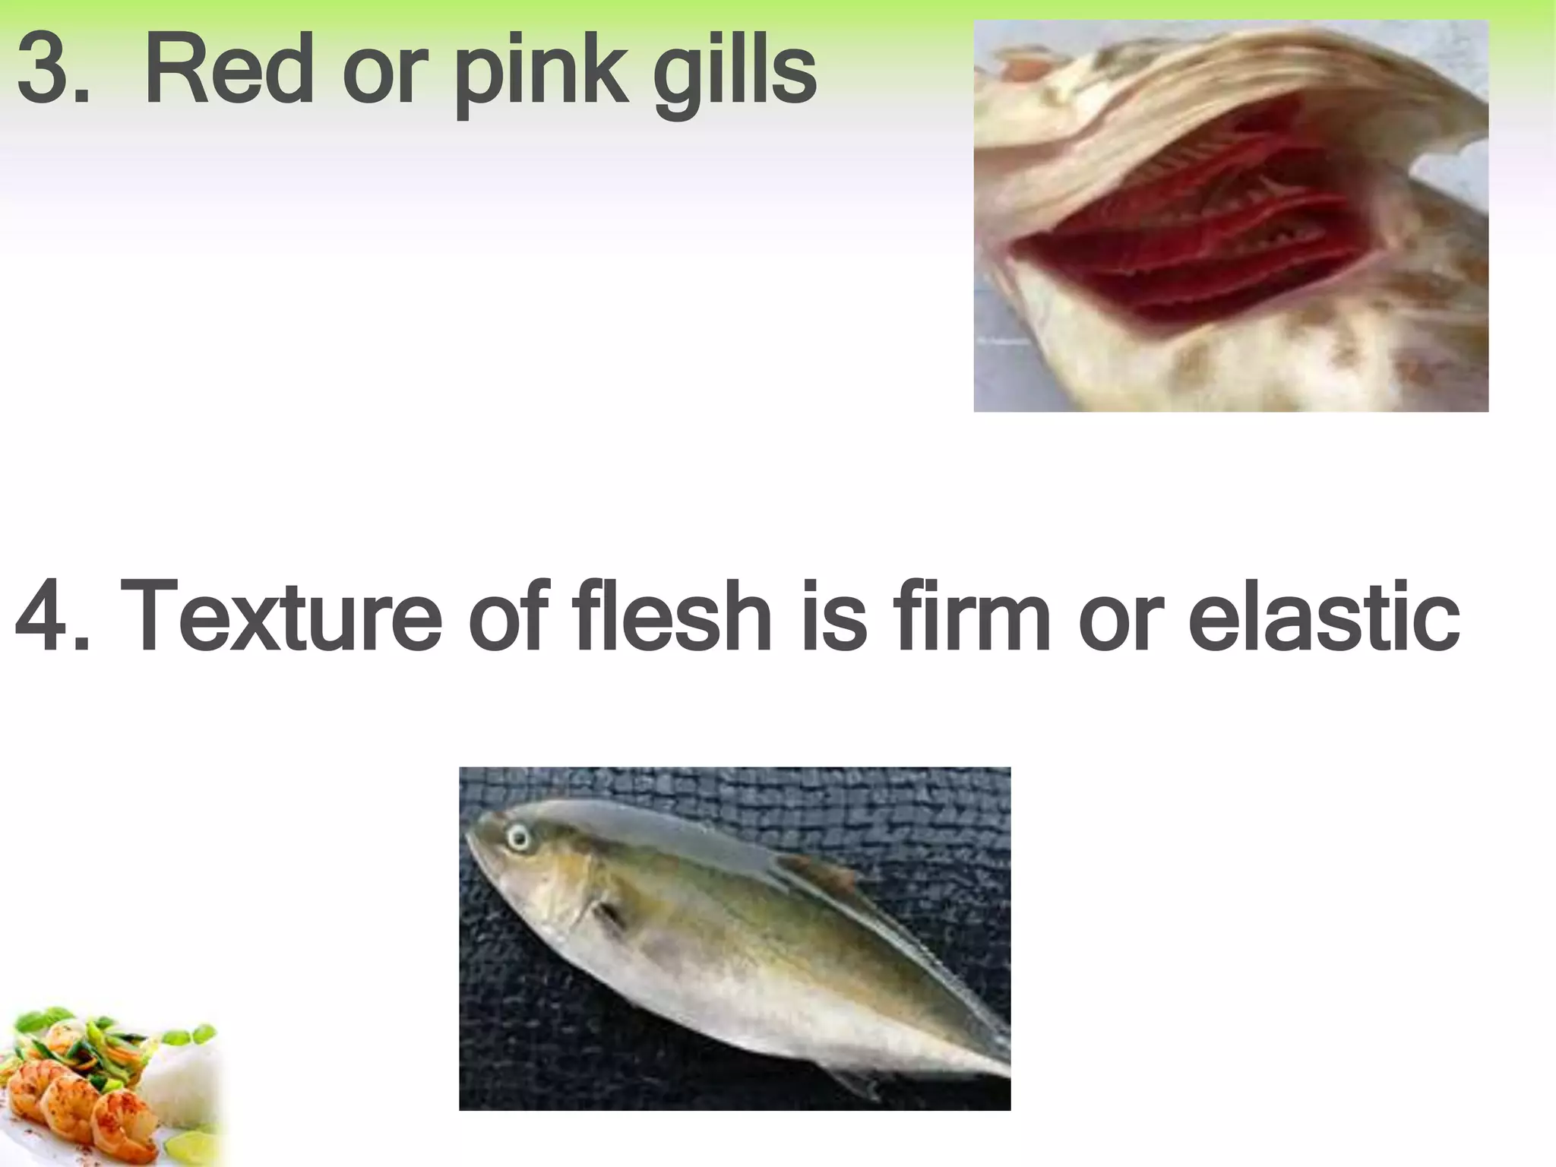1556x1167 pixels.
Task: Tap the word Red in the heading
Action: tap(229, 70)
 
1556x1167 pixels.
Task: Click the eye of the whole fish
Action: tap(519, 838)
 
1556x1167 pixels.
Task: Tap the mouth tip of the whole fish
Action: tap(469, 836)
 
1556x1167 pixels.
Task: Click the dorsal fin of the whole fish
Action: tap(821, 874)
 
